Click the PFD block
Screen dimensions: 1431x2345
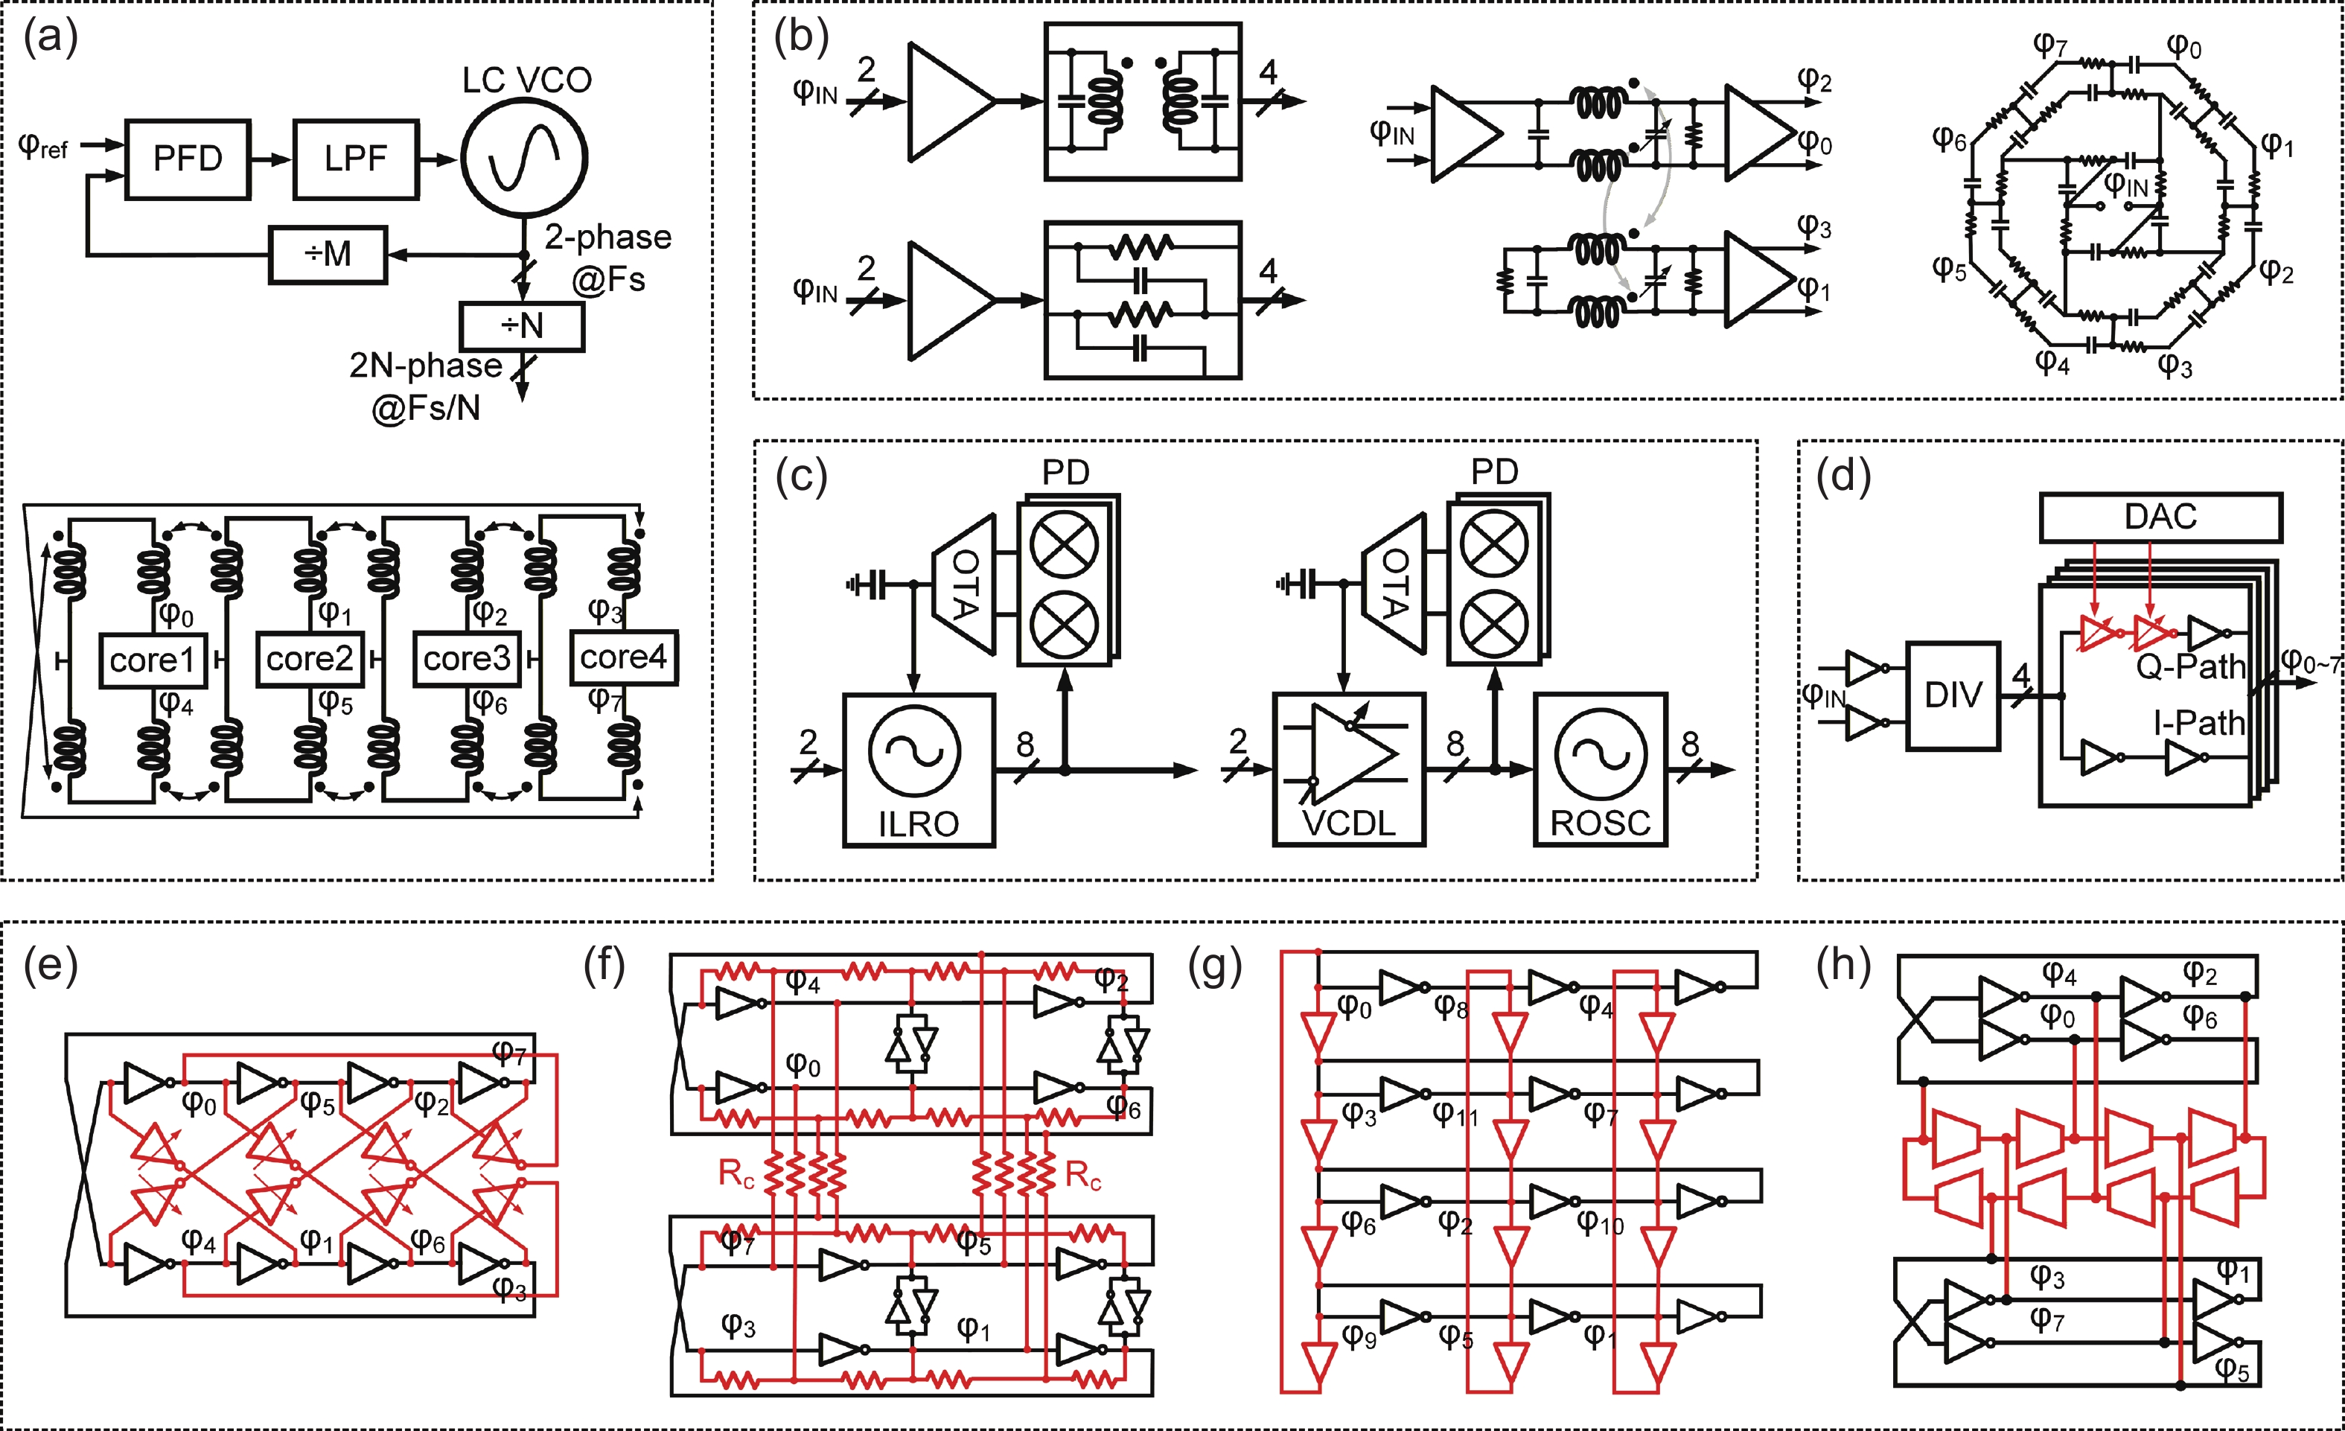pos(188,159)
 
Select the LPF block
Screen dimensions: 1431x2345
pos(355,159)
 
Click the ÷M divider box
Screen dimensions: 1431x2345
pos(328,254)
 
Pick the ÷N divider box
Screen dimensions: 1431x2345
pos(522,327)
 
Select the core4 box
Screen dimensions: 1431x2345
pos(623,657)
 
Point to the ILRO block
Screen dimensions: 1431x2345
pos(919,769)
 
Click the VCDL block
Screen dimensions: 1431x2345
pos(1349,769)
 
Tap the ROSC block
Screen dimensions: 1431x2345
pos(1600,769)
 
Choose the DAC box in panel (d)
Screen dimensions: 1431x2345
pos(2160,517)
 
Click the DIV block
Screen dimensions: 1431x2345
pos(1953,696)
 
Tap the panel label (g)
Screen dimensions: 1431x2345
pos(1216,967)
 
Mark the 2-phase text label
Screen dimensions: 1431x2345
pos(607,237)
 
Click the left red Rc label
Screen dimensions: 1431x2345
pos(736,1174)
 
